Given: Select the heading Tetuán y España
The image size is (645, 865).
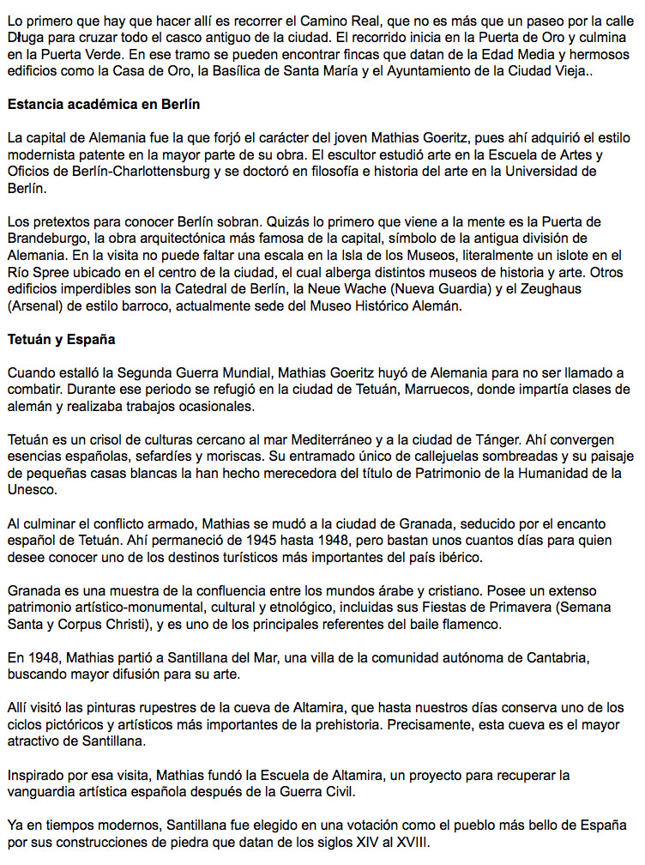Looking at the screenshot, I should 61,339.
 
